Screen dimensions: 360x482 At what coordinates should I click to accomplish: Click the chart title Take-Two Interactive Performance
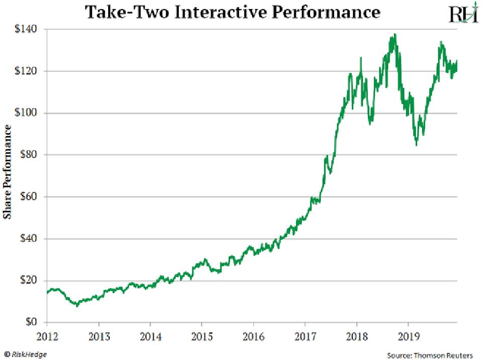pyautogui.click(x=232, y=12)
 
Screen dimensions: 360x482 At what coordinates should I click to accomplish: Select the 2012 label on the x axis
pyautogui.click(x=47, y=335)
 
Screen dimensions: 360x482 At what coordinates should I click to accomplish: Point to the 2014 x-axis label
pyautogui.click(x=150, y=335)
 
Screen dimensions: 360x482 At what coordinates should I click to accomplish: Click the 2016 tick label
pyautogui.click(x=253, y=335)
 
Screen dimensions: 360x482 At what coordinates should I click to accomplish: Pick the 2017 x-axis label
pyautogui.click(x=305, y=335)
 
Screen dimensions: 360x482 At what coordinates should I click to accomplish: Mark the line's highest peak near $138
pyautogui.click(x=395, y=34)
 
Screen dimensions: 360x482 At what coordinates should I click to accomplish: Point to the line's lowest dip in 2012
pyautogui.click(x=77, y=305)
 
